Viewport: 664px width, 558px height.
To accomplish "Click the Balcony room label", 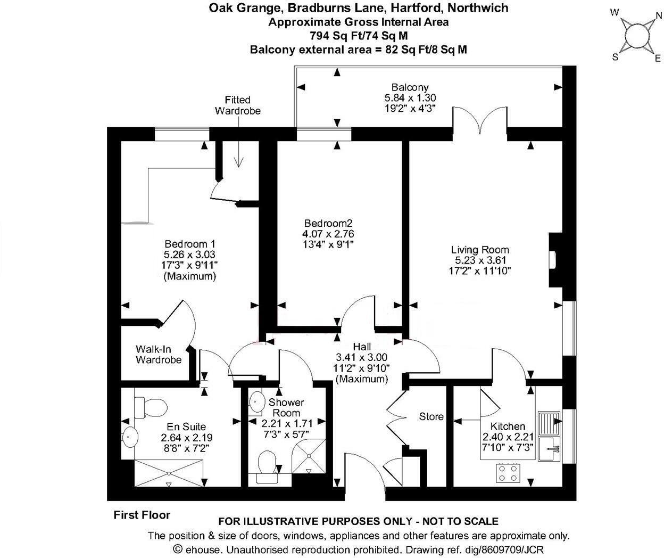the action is coord(410,87).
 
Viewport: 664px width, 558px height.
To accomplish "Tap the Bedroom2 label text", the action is coord(328,223).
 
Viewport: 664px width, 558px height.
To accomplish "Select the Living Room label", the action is coord(480,250).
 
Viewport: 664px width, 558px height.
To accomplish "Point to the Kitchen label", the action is coord(508,426).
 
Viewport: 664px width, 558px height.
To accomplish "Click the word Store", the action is coord(431,417).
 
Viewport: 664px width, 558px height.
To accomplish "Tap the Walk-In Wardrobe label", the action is coord(159,354).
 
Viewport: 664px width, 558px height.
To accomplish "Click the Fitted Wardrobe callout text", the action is coord(237,105).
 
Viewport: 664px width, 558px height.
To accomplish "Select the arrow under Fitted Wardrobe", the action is coord(238,146).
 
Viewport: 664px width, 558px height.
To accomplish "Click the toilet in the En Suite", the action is coord(151,407).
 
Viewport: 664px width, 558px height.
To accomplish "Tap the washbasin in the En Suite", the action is coord(130,437).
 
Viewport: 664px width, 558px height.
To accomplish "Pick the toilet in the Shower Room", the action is coord(267,466).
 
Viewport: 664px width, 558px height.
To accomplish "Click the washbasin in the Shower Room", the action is coord(257,402).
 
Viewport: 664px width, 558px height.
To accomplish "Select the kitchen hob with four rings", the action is coord(508,473).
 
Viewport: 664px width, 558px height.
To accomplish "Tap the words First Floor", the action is coord(142,515).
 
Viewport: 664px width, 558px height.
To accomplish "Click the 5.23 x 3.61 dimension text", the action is coord(480,260).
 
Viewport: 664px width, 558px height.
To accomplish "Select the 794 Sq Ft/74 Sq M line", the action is coord(359,36).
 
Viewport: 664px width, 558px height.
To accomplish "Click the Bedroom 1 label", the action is coord(190,244).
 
